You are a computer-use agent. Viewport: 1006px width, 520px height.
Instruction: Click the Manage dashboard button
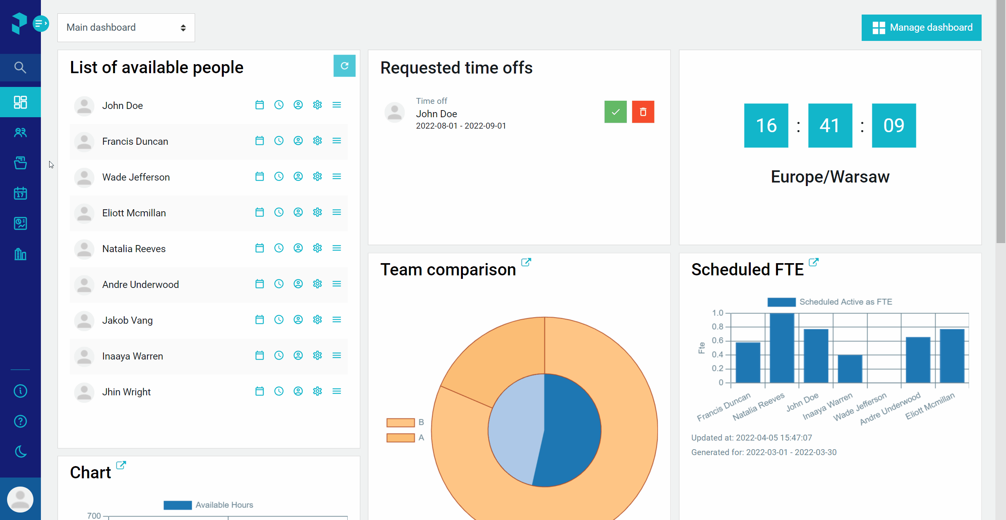(921, 28)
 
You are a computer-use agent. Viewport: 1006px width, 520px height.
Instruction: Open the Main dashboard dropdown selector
(126, 28)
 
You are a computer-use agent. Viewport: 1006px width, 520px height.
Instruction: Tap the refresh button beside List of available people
(345, 66)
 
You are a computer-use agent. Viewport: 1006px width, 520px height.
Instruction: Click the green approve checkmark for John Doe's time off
(615, 112)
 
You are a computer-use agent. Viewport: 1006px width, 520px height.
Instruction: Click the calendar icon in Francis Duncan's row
(260, 141)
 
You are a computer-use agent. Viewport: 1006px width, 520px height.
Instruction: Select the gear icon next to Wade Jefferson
(317, 177)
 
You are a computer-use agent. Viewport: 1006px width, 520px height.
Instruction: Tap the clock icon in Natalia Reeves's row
(279, 248)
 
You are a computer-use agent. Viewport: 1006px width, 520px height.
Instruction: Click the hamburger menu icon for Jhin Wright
(337, 391)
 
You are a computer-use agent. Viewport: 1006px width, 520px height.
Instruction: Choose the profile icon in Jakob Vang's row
(298, 320)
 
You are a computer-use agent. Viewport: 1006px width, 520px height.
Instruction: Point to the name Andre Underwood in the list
(140, 284)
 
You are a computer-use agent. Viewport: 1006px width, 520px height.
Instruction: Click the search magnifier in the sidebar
(20, 68)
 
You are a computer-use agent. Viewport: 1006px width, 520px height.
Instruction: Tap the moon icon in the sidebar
(20, 452)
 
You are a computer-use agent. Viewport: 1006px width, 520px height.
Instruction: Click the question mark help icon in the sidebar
(20, 421)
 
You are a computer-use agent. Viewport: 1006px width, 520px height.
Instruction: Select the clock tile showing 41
(830, 125)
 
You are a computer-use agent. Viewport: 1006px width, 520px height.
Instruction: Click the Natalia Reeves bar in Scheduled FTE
(782, 348)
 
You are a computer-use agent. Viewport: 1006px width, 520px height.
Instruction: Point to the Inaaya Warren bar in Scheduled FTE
(850, 369)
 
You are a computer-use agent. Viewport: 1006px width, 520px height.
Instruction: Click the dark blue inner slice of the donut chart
(570, 430)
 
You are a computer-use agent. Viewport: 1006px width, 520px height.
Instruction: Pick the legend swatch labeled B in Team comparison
(401, 422)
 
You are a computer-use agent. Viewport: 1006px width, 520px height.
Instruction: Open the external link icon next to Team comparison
(526, 262)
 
